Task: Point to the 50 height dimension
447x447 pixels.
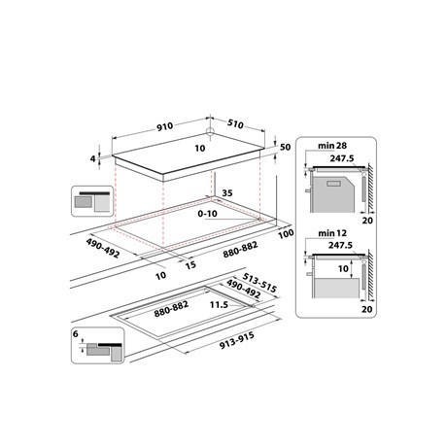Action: (x=284, y=146)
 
